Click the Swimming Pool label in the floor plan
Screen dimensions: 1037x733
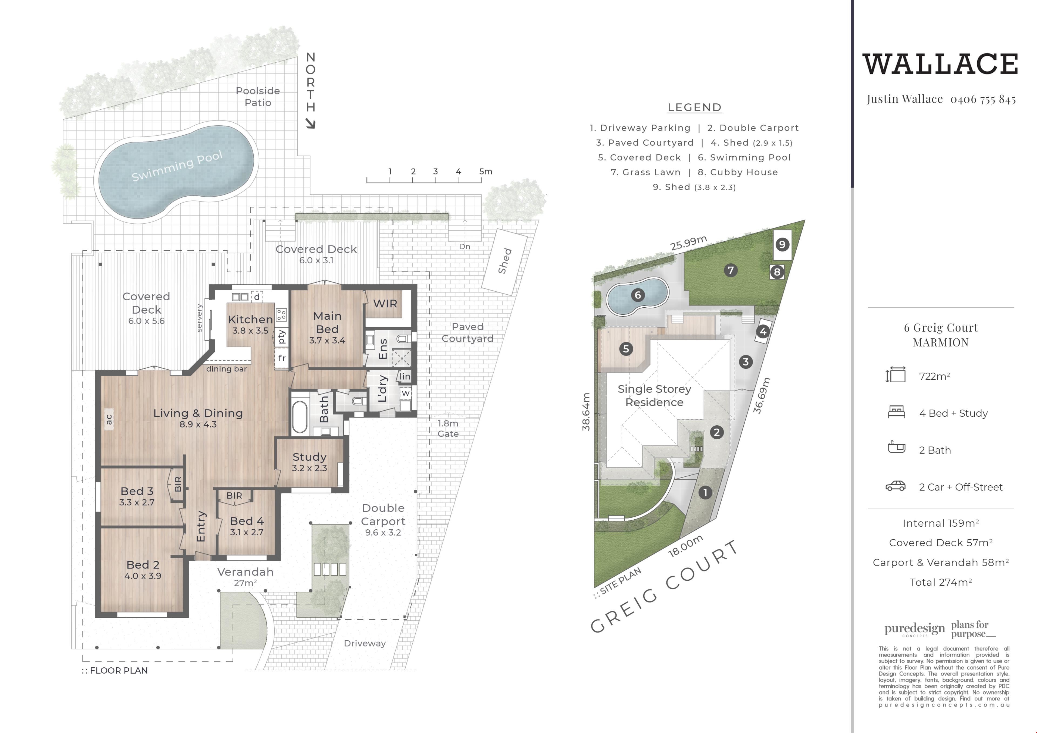pos(177,166)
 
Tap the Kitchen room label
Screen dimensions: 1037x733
pos(250,319)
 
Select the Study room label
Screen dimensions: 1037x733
pos(309,457)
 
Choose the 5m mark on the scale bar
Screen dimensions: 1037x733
pos(486,172)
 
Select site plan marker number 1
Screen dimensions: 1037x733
pos(705,492)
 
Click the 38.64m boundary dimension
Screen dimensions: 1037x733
pos(586,411)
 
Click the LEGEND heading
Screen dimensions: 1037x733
pos(695,107)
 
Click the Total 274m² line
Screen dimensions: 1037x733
pos(941,582)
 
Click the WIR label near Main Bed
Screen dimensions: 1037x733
pos(385,304)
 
